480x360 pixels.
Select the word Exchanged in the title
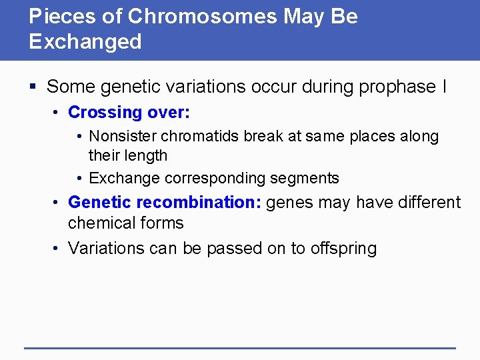coord(85,42)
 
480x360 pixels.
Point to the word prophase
coord(396,87)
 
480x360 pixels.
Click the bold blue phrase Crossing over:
coord(129,112)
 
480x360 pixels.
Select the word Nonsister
coord(122,137)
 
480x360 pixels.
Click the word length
coord(147,156)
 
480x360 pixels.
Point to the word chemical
coord(101,223)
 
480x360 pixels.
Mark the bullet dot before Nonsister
coord(79,137)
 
